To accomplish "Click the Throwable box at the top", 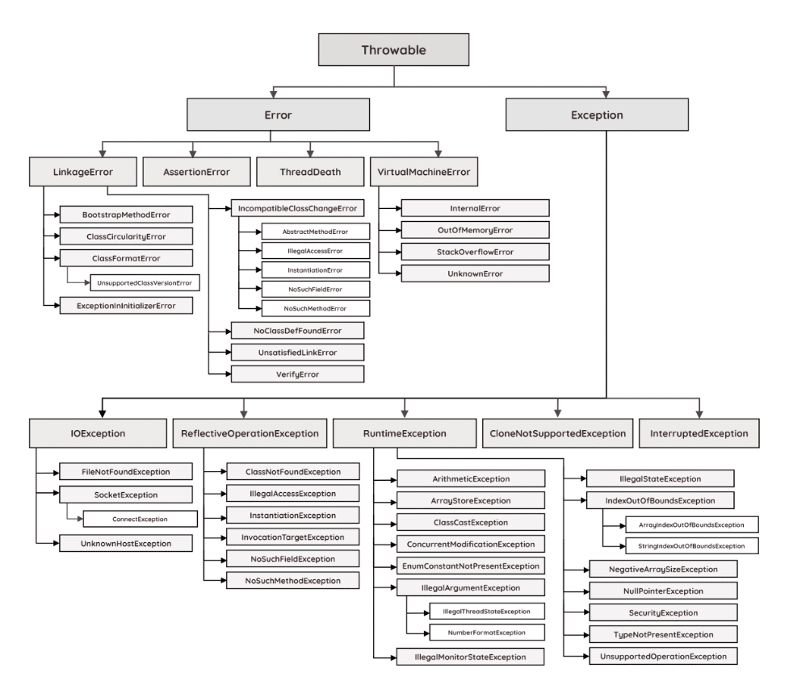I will (393, 50).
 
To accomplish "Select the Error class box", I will (278, 115).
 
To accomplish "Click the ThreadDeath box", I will (310, 171).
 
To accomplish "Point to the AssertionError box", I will (196, 171).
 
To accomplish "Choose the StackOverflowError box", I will (476, 252).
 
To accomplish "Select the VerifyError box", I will (297, 374).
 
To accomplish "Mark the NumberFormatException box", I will (475, 633).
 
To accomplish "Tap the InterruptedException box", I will (699, 432).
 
